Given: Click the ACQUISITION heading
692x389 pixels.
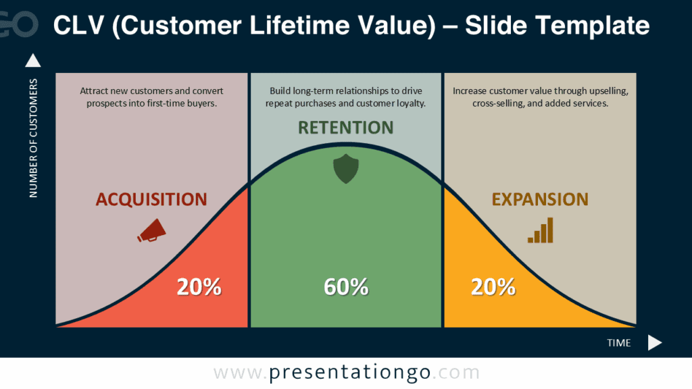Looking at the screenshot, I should [x=151, y=199].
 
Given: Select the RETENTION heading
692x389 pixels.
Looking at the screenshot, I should [x=345, y=128].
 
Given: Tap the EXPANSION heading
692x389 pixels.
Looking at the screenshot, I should [x=539, y=199].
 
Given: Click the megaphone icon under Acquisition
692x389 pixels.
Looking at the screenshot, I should [x=151, y=230].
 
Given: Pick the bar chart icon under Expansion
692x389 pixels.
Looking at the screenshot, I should [x=541, y=230].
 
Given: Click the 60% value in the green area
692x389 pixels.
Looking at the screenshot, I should [x=346, y=287].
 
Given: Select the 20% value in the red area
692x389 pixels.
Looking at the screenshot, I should [x=199, y=287].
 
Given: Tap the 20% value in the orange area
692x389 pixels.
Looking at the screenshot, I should [x=493, y=287].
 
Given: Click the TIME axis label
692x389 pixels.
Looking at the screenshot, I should [x=618, y=343].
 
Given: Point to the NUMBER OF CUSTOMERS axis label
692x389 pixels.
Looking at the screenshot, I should [x=34, y=138].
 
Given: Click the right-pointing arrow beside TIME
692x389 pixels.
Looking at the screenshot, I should [x=654, y=342].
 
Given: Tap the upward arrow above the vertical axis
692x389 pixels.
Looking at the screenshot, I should [x=32, y=61].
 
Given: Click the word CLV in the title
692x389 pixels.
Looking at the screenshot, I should [x=76, y=25].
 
